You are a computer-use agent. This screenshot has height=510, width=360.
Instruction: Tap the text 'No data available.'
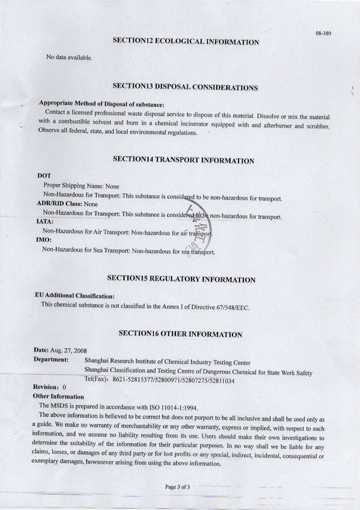click(69, 57)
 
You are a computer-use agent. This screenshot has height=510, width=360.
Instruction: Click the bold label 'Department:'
click(50, 359)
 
